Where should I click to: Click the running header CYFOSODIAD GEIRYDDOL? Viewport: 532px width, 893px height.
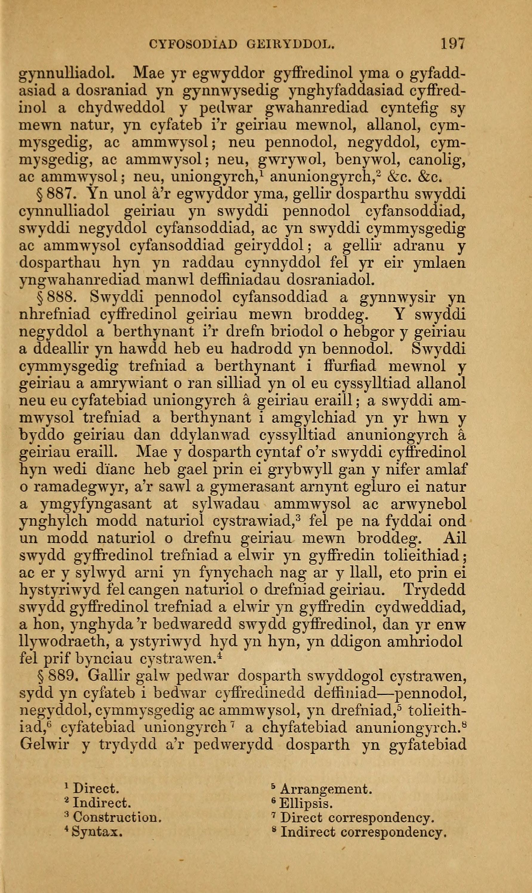(242, 44)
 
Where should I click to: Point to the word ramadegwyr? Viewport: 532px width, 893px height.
(78, 487)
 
